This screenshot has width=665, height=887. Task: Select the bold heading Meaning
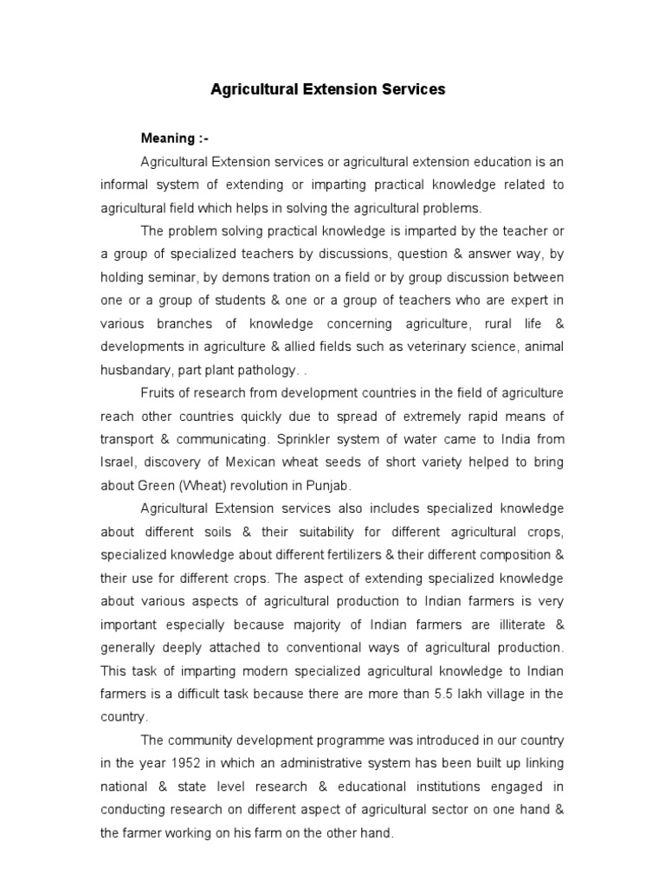[169, 139]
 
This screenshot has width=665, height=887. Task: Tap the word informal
[128, 185]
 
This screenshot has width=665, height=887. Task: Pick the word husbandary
[138, 370]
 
